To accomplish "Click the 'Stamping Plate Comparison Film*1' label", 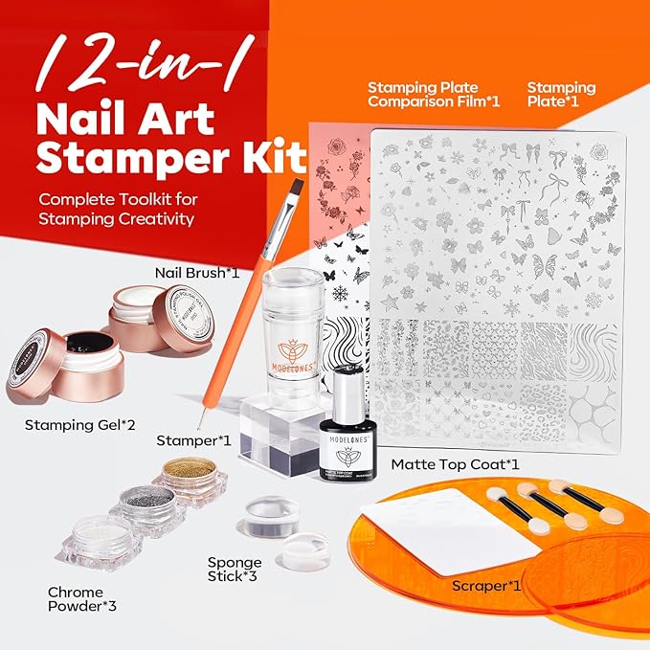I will coord(434,96).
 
